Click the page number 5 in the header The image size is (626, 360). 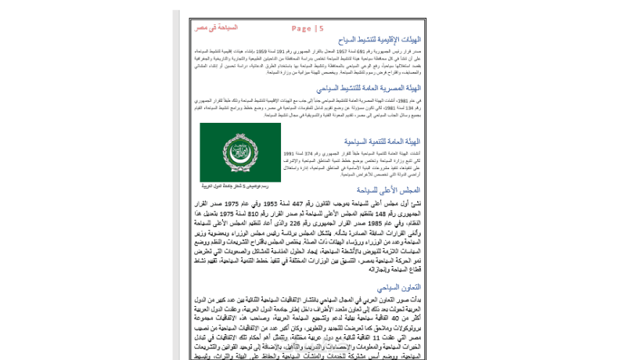point(321,29)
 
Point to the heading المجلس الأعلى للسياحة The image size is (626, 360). point(388,190)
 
